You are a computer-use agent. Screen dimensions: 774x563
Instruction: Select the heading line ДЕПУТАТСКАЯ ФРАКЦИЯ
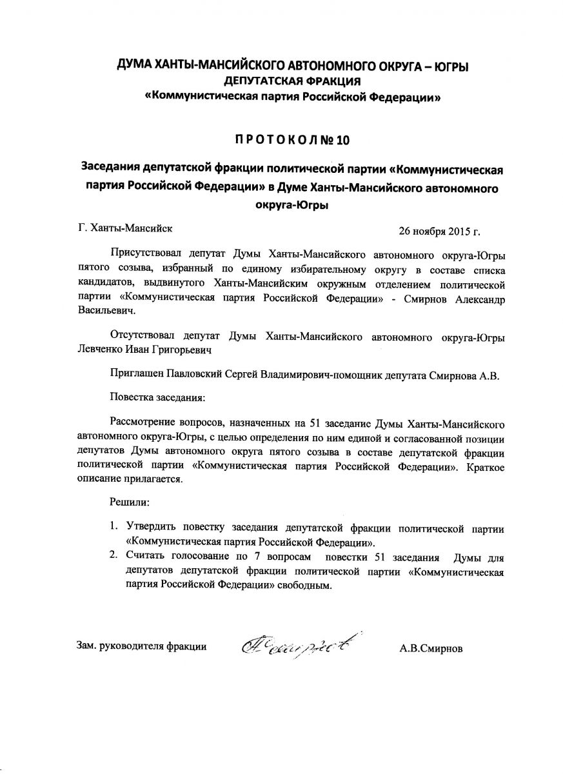click(292, 81)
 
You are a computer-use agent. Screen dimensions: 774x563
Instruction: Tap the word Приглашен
click(137, 375)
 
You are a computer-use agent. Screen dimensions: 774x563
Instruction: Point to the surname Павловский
click(196, 375)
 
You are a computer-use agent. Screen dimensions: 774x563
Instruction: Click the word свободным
click(309, 586)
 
